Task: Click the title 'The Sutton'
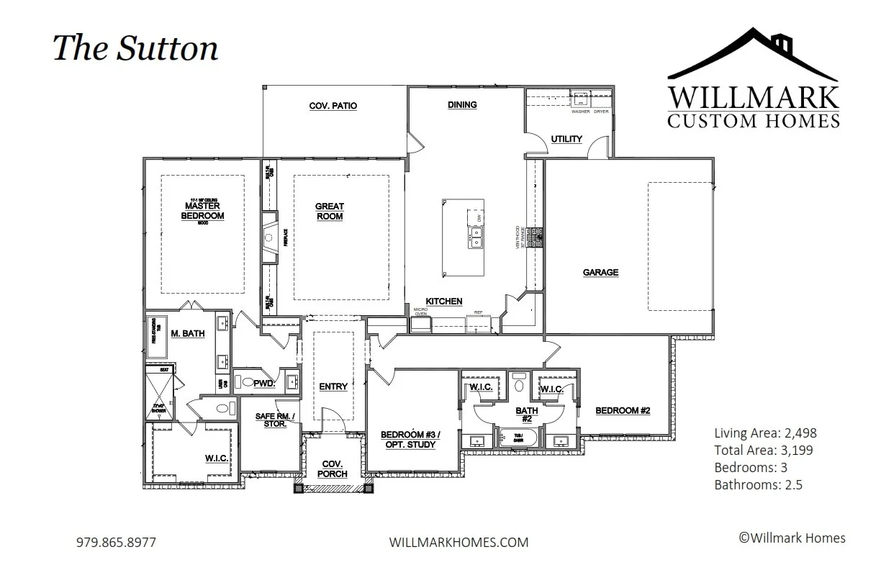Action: pos(135,48)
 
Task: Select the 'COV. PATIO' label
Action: pos(333,106)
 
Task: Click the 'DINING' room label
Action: pos(462,104)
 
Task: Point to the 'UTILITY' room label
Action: pos(566,139)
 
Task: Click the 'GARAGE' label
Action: pos(600,273)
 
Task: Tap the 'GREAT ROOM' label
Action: pos(330,212)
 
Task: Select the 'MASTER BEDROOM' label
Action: pos(204,211)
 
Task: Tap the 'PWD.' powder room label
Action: pos(264,384)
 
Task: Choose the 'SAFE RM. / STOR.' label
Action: pos(271,420)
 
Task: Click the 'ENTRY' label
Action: pos(333,386)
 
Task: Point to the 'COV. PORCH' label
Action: pos(333,469)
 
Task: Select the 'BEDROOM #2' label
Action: pos(623,410)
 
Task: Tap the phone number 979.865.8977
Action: pos(115,542)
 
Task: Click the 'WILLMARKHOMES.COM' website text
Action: pos(458,542)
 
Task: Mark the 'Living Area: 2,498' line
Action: pos(765,433)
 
